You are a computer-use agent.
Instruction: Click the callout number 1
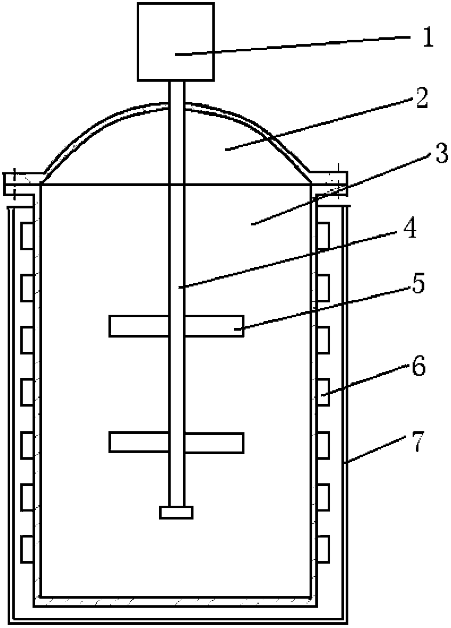coord(428,37)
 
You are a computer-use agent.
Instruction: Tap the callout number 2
coord(422,98)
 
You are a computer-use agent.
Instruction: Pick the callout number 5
coord(418,284)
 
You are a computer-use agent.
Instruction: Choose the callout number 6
coord(418,367)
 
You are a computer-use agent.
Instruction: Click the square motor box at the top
coord(176,41)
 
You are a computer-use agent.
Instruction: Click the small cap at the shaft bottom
coord(176,512)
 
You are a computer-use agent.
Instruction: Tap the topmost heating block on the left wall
coord(27,236)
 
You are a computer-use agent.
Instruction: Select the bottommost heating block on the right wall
coord(323,549)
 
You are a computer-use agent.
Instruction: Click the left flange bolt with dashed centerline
coord(14,184)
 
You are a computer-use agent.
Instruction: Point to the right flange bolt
coord(338,181)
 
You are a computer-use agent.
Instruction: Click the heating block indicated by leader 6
coord(323,392)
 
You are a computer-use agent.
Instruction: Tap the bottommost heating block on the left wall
coord(27,549)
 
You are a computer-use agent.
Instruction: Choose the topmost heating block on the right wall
coord(323,236)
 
